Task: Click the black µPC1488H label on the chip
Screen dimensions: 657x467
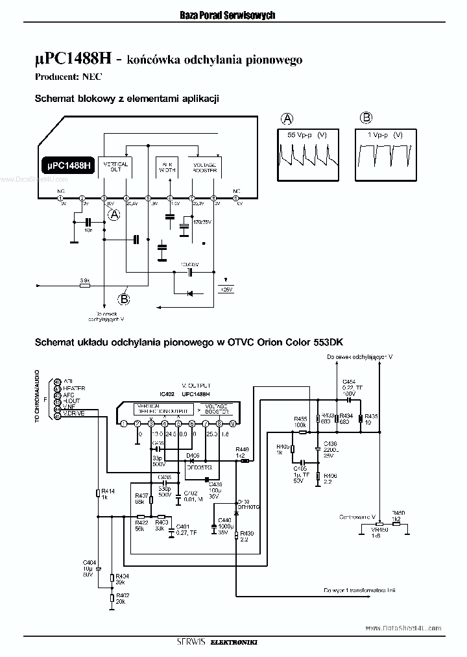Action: (68, 166)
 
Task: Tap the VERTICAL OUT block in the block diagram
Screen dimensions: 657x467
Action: (116, 167)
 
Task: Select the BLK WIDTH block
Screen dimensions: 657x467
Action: (167, 167)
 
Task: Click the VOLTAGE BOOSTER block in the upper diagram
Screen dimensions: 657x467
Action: (205, 167)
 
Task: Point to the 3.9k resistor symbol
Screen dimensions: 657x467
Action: (84, 285)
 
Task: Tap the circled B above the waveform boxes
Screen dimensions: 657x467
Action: (366, 118)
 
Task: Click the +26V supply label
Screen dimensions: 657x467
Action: (226, 290)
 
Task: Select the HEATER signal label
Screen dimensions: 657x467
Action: (75, 388)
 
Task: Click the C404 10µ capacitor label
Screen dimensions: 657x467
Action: (89, 564)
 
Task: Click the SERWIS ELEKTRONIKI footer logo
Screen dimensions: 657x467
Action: (221, 643)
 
